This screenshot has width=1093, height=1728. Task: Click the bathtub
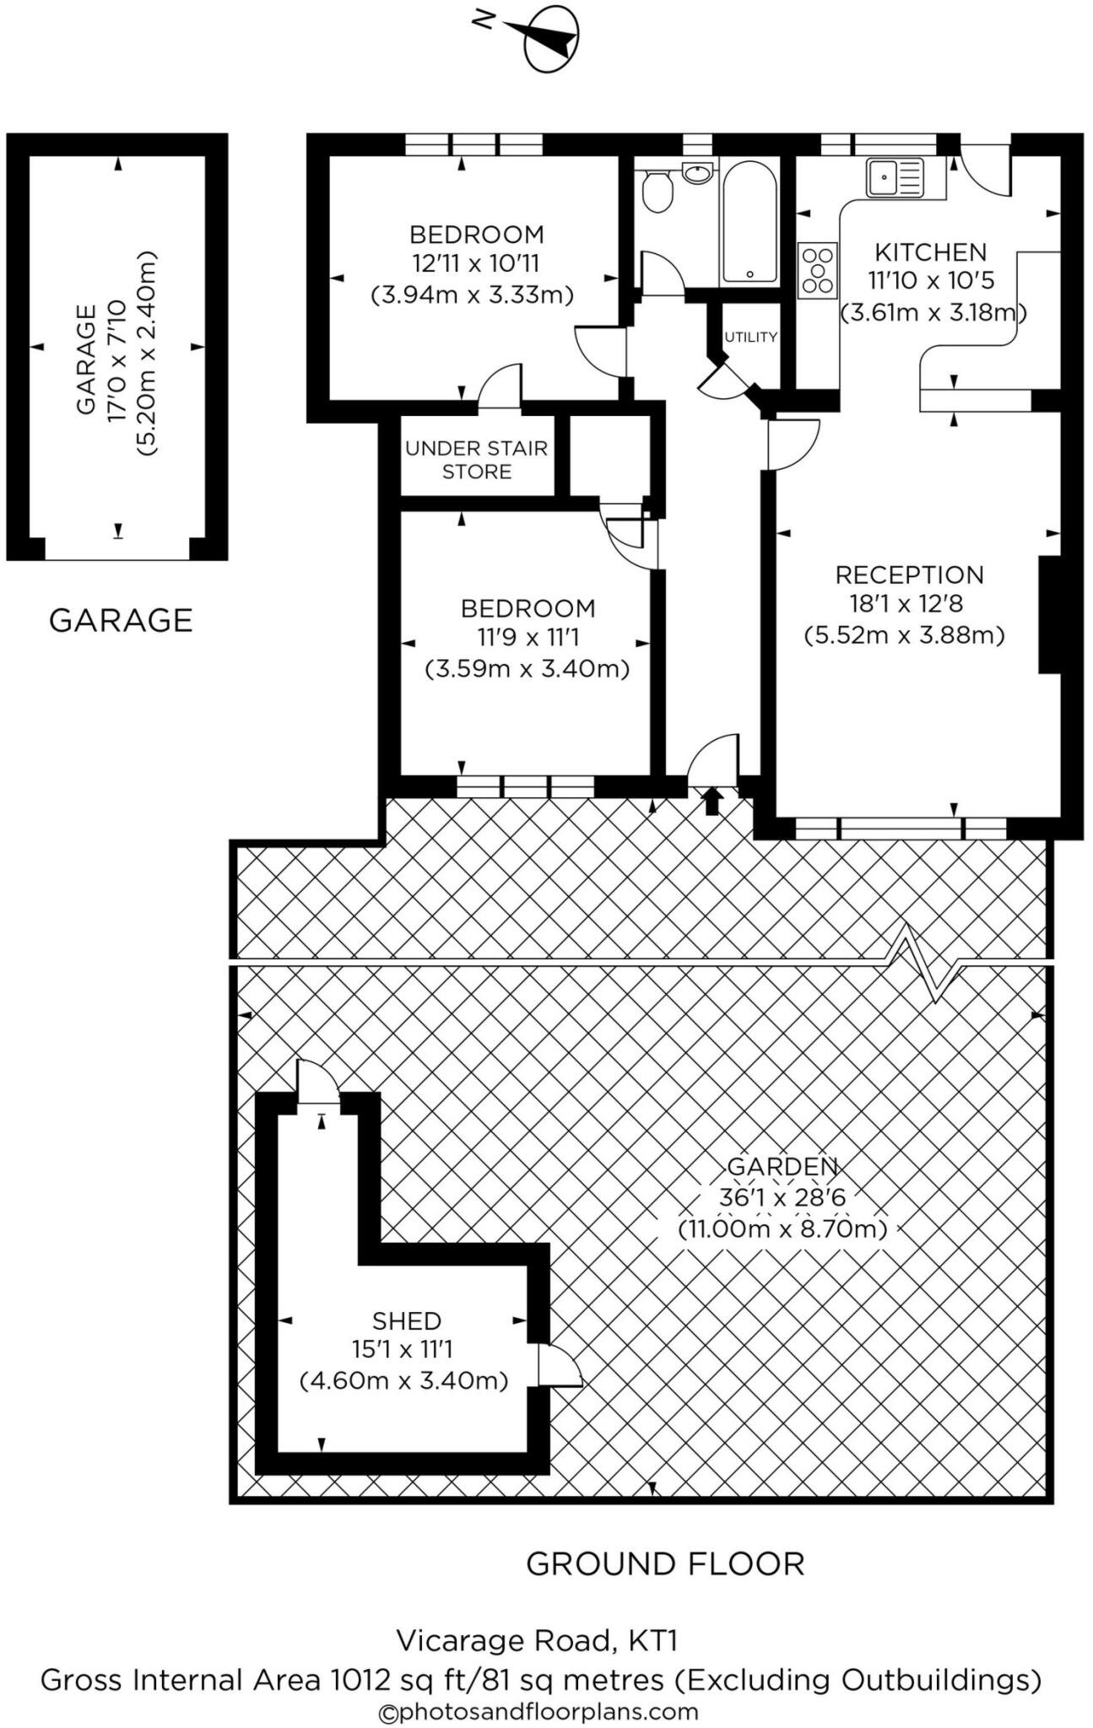pyautogui.click(x=749, y=222)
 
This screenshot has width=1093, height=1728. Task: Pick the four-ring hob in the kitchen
pyautogui.click(x=817, y=270)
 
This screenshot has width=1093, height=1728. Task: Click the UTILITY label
pyautogui.click(x=750, y=337)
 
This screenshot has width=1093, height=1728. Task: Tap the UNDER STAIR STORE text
pyautogui.click(x=477, y=460)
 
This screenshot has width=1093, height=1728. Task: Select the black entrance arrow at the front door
pyautogui.click(x=712, y=801)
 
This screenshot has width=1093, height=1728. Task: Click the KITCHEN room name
pyautogui.click(x=930, y=252)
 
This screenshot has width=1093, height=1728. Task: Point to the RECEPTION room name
pyautogui.click(x=909, y=575)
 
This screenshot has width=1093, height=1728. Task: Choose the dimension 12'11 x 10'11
pyautogui.click(x=476, y=264)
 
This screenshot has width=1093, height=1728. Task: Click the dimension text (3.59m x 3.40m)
pyautogui.click(x=527, y=669)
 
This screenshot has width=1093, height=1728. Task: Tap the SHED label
pyautogui.click(x=407, y=1320)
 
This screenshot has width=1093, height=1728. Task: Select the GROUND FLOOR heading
pyautogui.click(x=665, y=1564)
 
